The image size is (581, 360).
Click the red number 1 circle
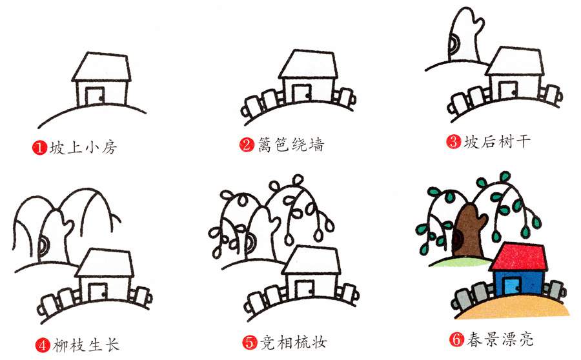coord(38,148)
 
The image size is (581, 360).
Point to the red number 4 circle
coord(43,345)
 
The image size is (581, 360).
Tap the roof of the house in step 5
coord(313,261)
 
